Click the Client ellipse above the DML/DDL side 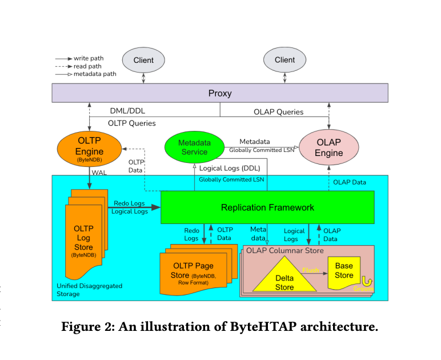[x=143, y=60]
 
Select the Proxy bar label [x=220, y=93]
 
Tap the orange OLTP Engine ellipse [x=90, y=149]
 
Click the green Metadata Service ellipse [x=194, y=147]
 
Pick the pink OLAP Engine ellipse [x=329, y=147]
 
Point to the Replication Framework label [x=267, y=207]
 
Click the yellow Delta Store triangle [x=284, y=274]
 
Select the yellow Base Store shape [x=344, y=273]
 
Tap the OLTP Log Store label [x=83, y=238]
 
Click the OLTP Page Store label [x=193, y=270]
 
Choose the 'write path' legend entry [x=79, y=58]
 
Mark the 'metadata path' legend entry [x=86, y=74]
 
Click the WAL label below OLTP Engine [x=99, y=173]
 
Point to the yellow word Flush [x=311, y=270]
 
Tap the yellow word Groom [x=363, y=289]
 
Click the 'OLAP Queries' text [x=278, y=112]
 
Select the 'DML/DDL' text [x=127, y=111]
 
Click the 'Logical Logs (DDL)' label [x=230, y=168]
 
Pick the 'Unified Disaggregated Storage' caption [x=90, y=290]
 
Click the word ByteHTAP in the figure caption [x=263, y=326]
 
